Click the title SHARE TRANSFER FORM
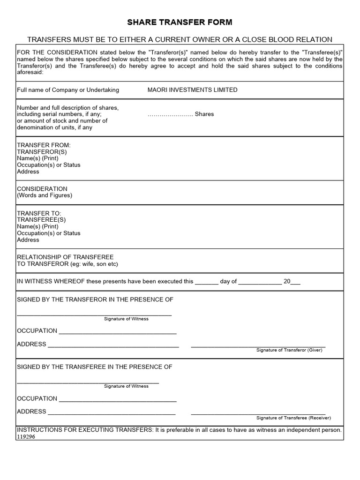click(x=180, y=22)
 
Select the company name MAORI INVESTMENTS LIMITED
click(x=192, y=90)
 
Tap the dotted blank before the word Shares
click(x=170, y=114)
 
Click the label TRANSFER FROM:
click(x=44, y=145)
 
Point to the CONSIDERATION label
click(x=42, y=189)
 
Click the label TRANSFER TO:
click(x=39, y=213)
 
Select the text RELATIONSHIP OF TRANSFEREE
click(x=65, y=257)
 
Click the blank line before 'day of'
click(x=206, y=282)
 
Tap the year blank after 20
click(x=296, y=282)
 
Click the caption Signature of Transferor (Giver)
click(x=289, y=350)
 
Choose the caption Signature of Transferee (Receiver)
click(x=293, y=418)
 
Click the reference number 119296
click(x=26, y=436)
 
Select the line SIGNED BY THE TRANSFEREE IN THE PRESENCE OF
click(x=95, y=367)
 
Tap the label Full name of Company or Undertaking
click(x=68, y=90)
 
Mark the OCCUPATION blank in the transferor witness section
click(x=117, y=331)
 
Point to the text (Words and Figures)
click(x=45, y=195)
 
